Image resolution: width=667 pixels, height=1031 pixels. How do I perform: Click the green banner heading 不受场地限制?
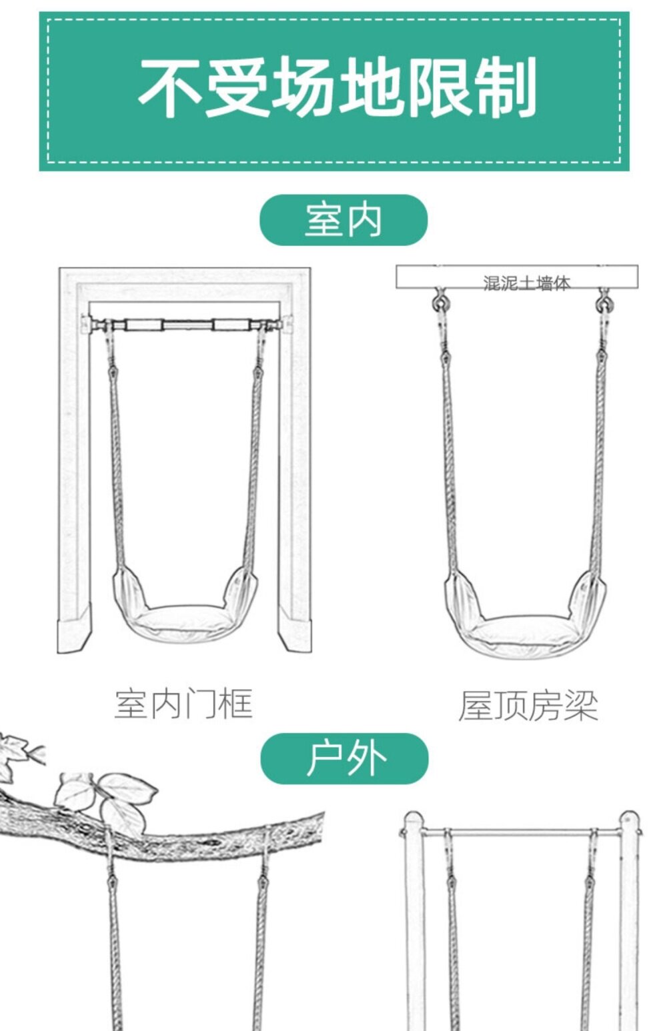(x=333, y=91)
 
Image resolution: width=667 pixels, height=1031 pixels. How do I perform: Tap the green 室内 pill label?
(x=343, y=220)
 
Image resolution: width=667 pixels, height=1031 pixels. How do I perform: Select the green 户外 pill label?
(x=344, y=758)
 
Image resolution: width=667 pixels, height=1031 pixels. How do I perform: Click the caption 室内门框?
(x=183, y=704)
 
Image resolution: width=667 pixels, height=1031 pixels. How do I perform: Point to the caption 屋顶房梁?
(x=528, y=705)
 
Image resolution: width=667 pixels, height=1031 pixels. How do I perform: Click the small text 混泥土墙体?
(x=526, y=283)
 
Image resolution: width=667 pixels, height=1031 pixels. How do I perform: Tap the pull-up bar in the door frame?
(x=186, y=325)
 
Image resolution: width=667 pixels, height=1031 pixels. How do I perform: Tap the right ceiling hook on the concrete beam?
(x=604, y=303)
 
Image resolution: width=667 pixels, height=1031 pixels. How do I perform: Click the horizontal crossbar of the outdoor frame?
(x=520, y=832)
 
